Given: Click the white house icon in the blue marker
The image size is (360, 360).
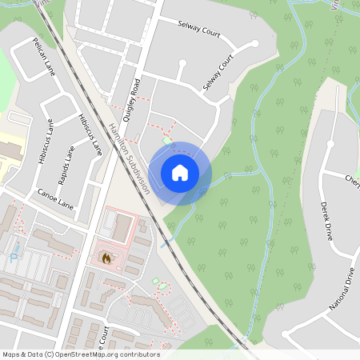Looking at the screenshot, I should (180, 172).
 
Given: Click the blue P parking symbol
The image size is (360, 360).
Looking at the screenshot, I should (13, 258).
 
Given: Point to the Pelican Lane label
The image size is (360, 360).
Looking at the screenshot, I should (43, 51).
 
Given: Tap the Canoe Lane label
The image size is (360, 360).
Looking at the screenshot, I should (55, 199).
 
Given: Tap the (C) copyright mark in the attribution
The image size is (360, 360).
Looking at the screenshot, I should (49, 354).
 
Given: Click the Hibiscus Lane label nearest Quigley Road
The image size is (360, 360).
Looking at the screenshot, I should (90, 134).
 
